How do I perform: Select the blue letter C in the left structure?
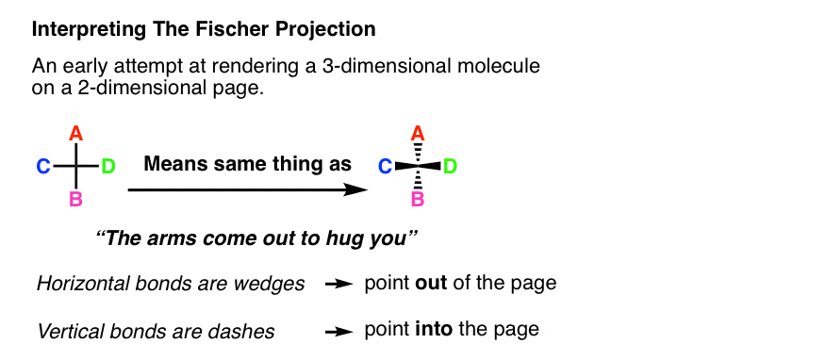pos(43,168)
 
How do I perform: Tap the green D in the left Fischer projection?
pos(108,168)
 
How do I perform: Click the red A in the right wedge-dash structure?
pos(417,138)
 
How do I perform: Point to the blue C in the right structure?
pos(385,168)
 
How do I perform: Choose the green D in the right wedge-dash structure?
pos(450,168)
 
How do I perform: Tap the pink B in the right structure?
pos(417,200)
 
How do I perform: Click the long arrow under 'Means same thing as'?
pos(247,189)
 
